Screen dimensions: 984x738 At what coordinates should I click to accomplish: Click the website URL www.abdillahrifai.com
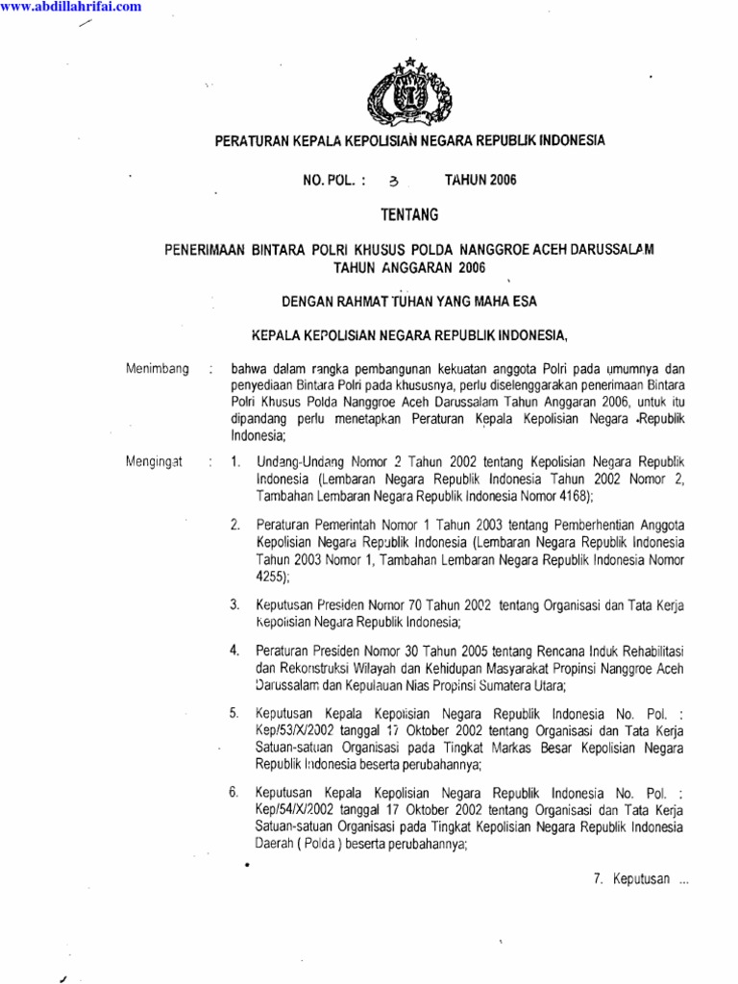click(x=71, y=7)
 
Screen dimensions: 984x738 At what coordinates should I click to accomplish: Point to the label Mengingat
click(x=154, y=462)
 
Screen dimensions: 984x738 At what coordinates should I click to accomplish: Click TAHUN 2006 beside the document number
click(x=475, y=180)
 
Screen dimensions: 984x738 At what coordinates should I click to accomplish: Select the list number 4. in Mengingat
click(x=234, y=651)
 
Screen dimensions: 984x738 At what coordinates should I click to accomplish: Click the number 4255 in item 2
click(x=270, y=577)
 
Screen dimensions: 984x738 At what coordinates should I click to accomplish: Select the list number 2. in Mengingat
click(x=234, y=525)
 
